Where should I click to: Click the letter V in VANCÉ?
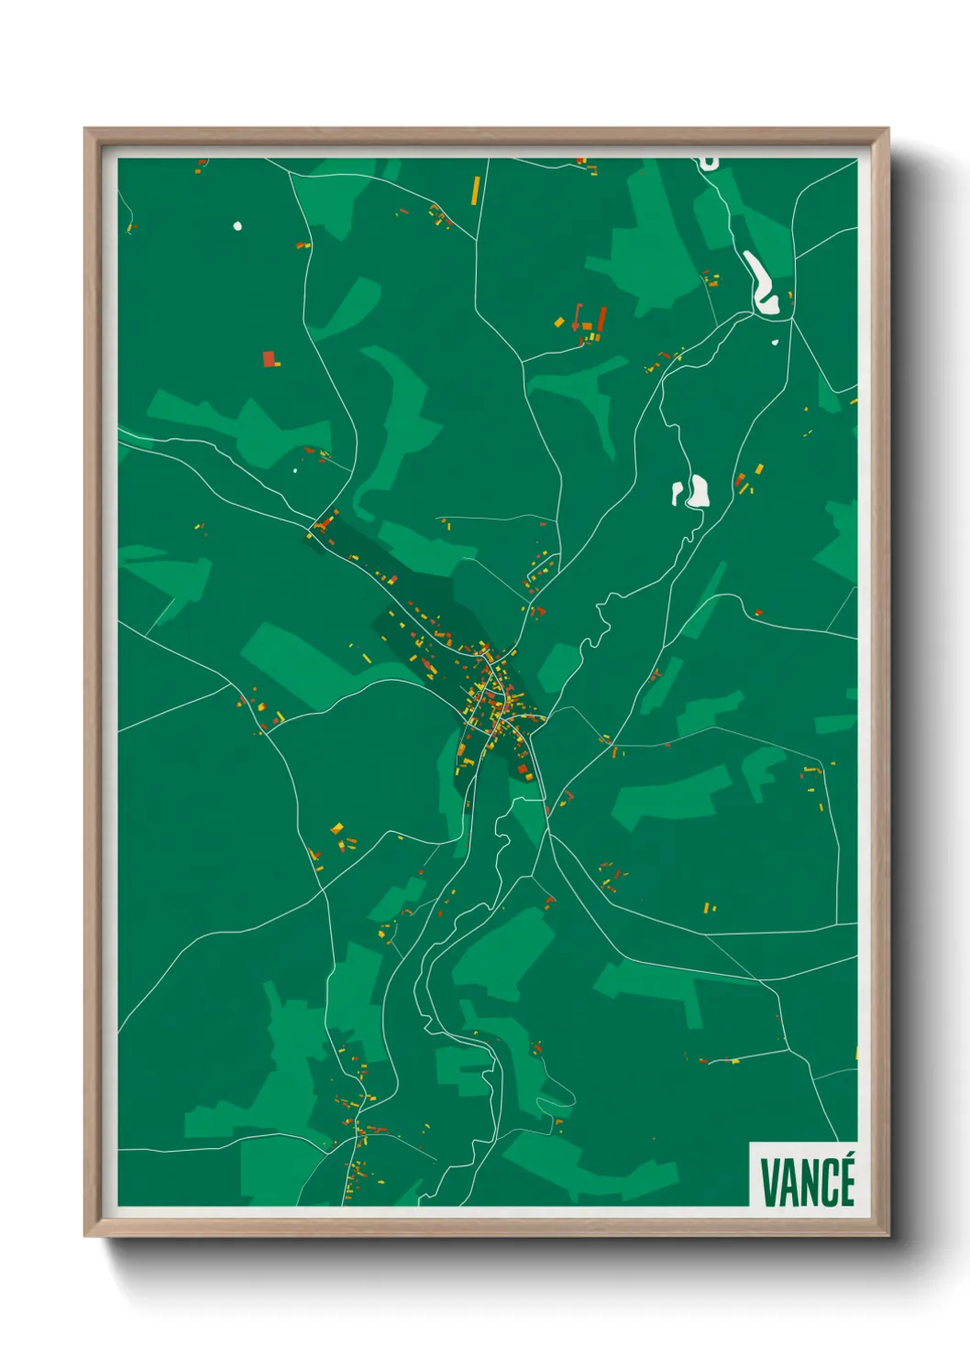coord(770,1183)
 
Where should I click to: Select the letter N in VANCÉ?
coord(808,1183)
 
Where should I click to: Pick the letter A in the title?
coord(788,1183)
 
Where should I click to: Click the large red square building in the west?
coord(269,358)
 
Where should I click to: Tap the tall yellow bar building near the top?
coord(475,190)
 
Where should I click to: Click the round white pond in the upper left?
coord(237,225)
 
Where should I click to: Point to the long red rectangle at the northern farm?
coord(601,319)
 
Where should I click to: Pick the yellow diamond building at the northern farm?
coord(559,322)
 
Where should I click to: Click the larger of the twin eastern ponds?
coord(700,491)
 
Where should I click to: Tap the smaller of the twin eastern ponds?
coord(678,493)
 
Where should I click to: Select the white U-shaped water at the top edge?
coord(708,163)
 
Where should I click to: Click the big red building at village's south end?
coord(524,771)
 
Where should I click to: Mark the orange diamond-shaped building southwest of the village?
coord(336,828)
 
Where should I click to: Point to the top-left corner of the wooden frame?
coord(85,129)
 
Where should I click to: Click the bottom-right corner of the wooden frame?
coord(887,1235)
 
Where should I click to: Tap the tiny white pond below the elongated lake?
coord(775,343)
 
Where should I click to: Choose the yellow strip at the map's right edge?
coord(855,1053)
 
